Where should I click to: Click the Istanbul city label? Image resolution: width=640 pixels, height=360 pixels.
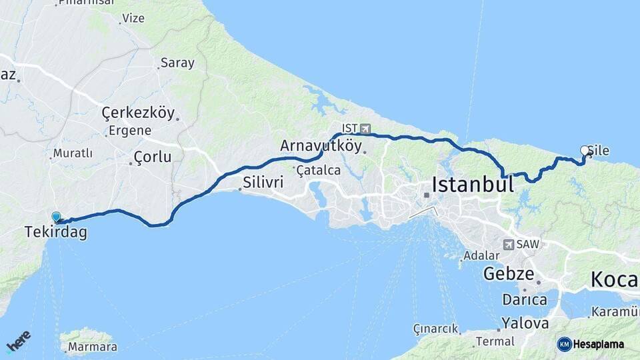click(x=473, y=184)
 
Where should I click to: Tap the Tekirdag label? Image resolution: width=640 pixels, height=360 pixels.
click(x=55, y=233)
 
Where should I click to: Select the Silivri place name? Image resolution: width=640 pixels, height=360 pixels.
click(x=263, y=182)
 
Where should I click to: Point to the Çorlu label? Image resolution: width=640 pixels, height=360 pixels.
click(x=153, y=157)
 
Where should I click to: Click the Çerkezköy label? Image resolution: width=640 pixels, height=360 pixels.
click(x=138, y=113)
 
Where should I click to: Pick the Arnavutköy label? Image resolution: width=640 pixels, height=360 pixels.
click(x=321, y=146)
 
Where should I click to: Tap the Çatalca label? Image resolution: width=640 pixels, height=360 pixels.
click(x=319, y=171)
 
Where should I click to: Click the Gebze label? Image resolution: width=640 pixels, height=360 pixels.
click(x=509, y=273)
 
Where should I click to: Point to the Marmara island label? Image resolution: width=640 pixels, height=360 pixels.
click(x=92, y=347)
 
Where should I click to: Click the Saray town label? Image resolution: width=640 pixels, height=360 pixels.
click(x=177, y=63)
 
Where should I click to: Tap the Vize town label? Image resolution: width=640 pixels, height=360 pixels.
click(x=133, y=18)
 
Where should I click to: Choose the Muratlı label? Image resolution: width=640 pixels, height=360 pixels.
click(x=73, y=153)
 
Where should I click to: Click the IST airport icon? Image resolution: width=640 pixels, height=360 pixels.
click(x=365, y=128)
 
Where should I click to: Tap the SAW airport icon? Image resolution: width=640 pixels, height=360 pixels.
click(x=509, y=245)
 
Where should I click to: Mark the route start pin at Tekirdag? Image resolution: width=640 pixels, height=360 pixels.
click(x=56, y=217)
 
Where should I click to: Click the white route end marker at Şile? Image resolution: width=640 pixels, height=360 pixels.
click(x=585, y=151)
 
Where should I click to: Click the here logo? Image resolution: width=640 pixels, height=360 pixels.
click(x=18, y=341)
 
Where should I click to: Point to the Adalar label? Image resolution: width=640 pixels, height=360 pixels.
click(x=481, y=255)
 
